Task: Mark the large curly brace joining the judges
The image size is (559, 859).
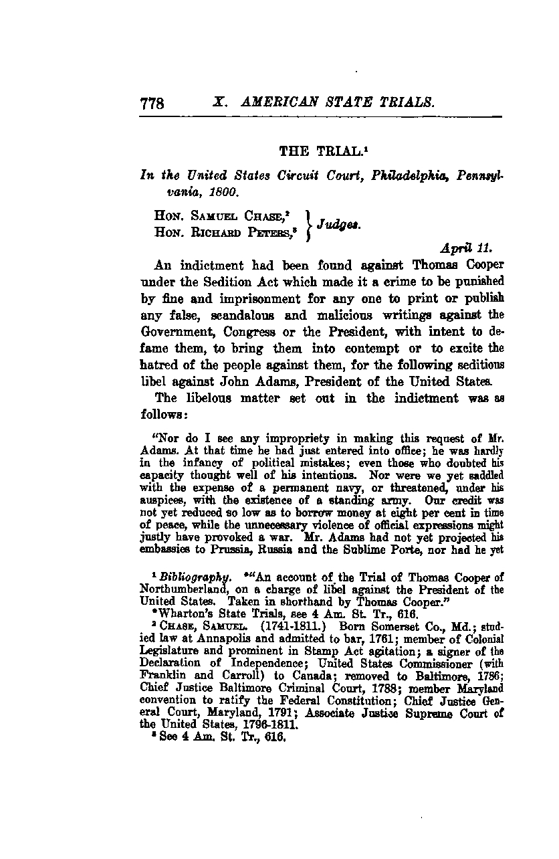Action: tap(306, 225)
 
